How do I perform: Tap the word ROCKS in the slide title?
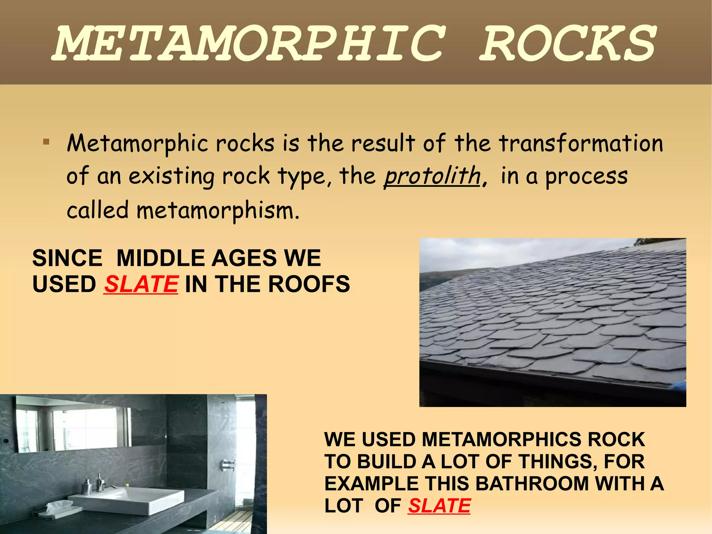click(568, 43)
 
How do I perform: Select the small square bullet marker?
click(46, 142)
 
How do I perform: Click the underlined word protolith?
click(432, 176)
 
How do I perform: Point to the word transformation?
click(581, 143)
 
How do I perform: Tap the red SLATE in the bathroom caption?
click(439, 505)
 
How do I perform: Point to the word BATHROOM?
click(532, 484)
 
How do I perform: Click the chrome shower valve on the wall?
click(228, 464)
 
